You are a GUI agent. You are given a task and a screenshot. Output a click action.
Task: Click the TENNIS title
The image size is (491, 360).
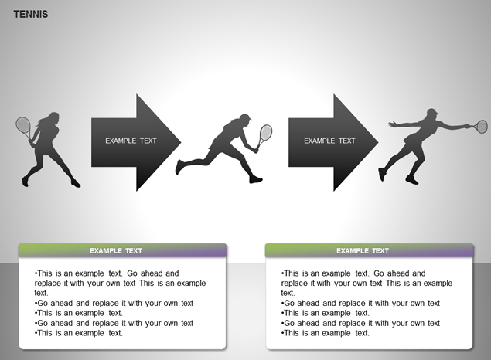31,14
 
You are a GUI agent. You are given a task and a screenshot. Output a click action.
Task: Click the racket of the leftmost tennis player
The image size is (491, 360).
23,127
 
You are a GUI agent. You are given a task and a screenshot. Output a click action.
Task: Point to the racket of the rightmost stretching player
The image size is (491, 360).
479,127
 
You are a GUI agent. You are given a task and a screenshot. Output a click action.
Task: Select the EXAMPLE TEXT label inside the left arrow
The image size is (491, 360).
131,141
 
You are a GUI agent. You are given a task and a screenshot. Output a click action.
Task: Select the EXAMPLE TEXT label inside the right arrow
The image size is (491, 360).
329,141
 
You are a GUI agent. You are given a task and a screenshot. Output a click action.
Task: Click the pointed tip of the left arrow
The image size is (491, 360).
181,142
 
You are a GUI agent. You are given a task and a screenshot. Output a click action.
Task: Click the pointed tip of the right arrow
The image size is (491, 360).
378,142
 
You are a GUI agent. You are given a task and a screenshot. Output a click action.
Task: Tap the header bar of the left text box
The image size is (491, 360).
122,250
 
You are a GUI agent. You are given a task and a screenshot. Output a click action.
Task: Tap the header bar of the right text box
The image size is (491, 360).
369,250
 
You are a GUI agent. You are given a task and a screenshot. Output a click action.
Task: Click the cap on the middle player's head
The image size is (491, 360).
245,117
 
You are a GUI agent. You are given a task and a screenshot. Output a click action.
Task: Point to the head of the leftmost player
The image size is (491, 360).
53,118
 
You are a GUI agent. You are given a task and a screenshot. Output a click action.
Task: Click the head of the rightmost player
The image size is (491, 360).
432,114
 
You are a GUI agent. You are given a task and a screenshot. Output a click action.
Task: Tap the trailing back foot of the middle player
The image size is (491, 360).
179,166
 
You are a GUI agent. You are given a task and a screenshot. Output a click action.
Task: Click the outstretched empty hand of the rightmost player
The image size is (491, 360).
392,124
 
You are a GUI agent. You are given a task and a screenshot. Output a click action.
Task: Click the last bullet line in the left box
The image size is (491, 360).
79,333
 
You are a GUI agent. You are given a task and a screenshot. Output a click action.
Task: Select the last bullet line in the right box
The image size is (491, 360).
326,333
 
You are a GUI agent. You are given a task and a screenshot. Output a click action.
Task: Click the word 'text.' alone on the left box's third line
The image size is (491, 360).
41,293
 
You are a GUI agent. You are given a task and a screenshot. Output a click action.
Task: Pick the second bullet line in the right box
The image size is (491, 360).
360,303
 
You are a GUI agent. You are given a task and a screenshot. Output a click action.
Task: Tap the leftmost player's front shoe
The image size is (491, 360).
76,183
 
